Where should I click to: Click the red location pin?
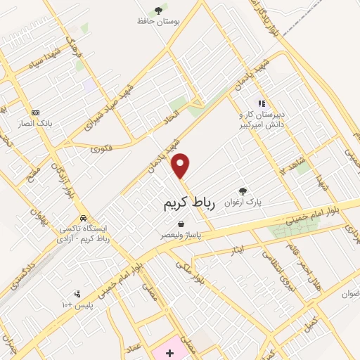tap(181, 166)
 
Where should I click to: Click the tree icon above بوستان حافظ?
tap(159, 10)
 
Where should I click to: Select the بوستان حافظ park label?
tap(159, 21)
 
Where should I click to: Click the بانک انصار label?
tap(36, 123)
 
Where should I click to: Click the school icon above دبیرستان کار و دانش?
tap(261, 103)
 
